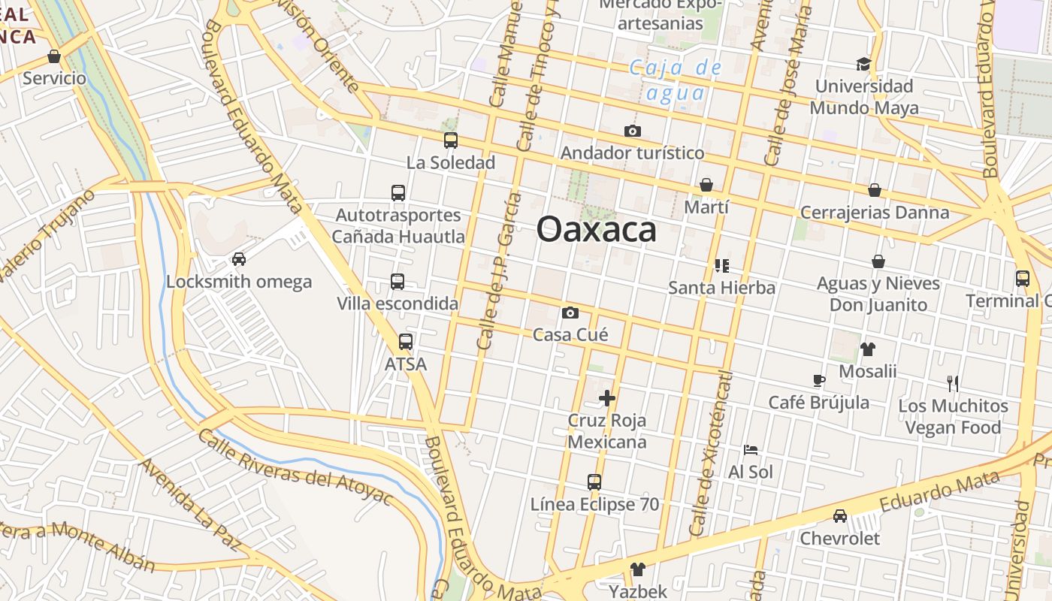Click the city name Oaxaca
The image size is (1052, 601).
click(597, 229)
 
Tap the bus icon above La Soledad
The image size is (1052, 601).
click(451, 140)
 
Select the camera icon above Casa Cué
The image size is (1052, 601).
click(570, 313)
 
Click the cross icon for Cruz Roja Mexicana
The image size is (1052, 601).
click(607, 398)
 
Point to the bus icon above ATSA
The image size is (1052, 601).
click(406, 342)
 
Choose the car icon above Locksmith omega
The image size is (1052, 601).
click(239, 259)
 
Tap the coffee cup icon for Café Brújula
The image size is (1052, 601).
click(819, 381)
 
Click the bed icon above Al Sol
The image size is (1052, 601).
click(750, 450)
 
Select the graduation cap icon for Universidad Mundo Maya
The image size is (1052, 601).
click(863, 64)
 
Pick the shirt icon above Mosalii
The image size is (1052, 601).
click(868, 349)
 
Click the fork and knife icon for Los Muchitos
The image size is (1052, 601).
click(953, 383)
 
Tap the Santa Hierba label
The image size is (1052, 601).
click(721, 288)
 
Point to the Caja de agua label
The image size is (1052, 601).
click(676, 80)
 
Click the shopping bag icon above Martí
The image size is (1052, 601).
click(706, 185)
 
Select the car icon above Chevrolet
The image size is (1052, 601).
click(839, 516)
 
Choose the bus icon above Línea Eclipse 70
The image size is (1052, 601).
click(594, 482)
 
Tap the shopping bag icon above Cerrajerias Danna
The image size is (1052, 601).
click(874, 190)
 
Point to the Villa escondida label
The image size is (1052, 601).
click(398, 304)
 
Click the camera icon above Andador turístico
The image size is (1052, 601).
click(633, 131)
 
